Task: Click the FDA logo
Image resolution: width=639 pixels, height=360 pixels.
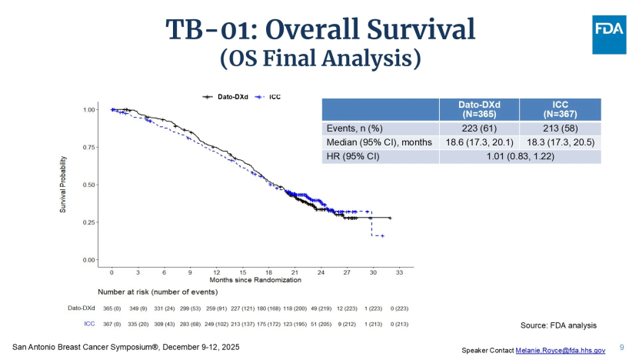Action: tap(609, 33)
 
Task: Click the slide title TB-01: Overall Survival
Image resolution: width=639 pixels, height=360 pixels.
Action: tap(321, 29)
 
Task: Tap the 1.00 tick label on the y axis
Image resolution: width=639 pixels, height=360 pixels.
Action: tap(88, 110)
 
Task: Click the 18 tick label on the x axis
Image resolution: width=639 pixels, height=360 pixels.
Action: tap(268, 273)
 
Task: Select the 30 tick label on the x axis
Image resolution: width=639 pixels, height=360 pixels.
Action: tap(373, 273)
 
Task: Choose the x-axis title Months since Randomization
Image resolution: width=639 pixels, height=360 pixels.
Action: tap(255, 282)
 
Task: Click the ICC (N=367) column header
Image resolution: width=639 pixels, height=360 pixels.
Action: tap(560, 109)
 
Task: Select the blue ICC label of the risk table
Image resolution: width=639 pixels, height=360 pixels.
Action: tap(89, 323)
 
